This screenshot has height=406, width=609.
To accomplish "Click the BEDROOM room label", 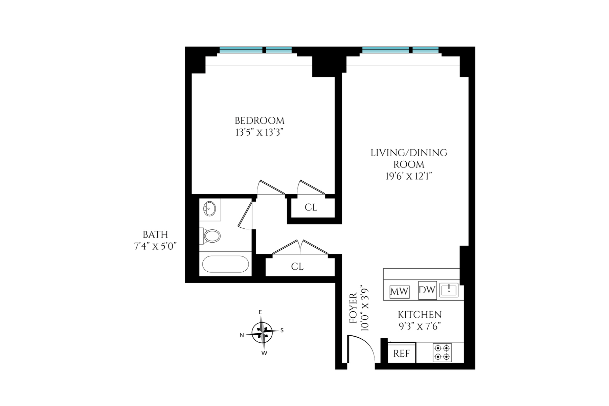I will (x=260, y=121).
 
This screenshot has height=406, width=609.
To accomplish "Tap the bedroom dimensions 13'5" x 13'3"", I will (x=260, y=132).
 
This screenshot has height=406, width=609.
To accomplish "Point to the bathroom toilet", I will (x=211, y=236).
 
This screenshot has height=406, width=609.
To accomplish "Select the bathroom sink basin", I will (x=210, y=208).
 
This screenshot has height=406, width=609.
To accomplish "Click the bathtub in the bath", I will (x=225, y=264).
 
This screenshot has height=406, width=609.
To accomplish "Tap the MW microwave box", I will (x=399, y=292).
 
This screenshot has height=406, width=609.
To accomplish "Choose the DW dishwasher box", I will (x=427, y=290).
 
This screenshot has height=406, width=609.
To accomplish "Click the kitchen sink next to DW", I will (x=449, y=290).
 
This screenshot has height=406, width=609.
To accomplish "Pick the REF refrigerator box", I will (x=402, y=354).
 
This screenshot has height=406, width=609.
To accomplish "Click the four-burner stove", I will (x=442, y=353).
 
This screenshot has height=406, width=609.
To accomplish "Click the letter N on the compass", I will (x=242, y=336).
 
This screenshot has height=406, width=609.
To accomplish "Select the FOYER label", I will (x=353, y=309).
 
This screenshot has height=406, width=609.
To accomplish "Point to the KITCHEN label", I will (x=420, y=315).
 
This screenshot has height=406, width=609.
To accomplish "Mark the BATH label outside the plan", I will (x=155, y=234).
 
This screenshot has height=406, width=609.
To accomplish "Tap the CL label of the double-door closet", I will (x=297, y=267).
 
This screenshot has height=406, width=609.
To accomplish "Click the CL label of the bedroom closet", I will (x=311, y=207).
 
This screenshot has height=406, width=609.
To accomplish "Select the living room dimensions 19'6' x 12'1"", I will (x=409, y=176).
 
